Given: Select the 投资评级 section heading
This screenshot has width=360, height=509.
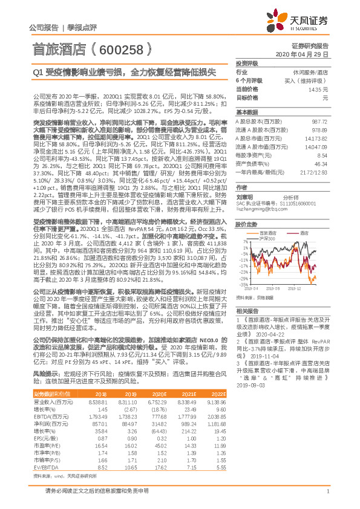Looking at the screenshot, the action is (247, 63).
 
